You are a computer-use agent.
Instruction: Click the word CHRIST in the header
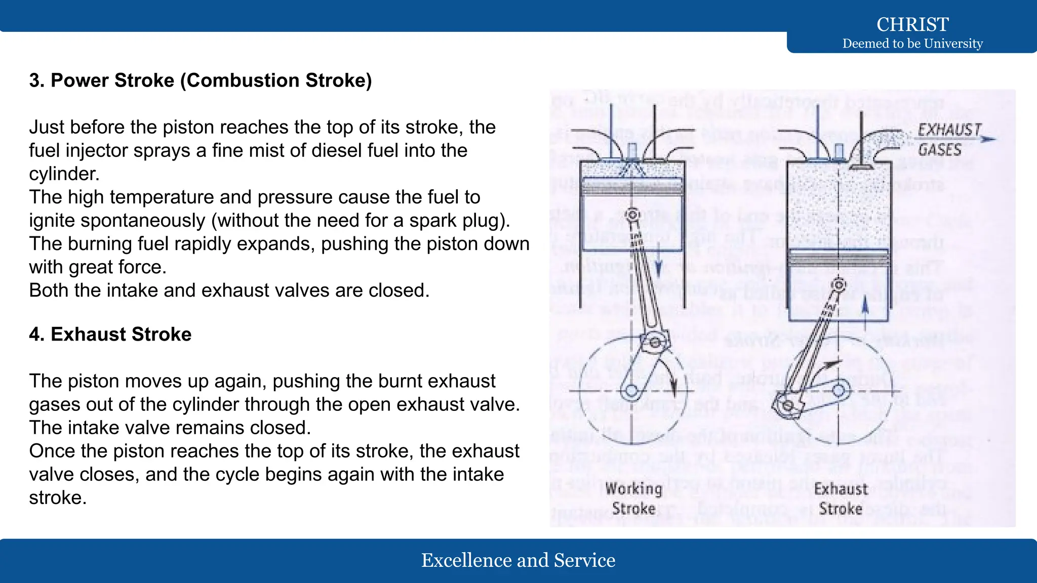tap(912, 24)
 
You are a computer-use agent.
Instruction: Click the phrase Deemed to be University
tap(912, 44)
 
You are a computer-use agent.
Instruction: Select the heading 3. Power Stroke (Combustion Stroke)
tap(201, 80)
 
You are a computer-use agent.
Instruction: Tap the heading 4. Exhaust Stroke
tap(110, 335)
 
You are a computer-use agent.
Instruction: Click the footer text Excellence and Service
tap(518, 560)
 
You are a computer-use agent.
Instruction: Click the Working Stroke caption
tap(633, 498)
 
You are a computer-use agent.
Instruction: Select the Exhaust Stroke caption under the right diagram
tap(841, 498)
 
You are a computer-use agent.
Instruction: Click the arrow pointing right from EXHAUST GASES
tap(987, 139)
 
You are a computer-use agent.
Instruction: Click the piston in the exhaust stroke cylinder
tap(839, 258)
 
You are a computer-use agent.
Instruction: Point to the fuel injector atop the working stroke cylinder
tap(632, 152)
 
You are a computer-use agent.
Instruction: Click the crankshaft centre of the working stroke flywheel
tap(632, 391)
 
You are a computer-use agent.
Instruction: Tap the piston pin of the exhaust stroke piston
tap(839, 285)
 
